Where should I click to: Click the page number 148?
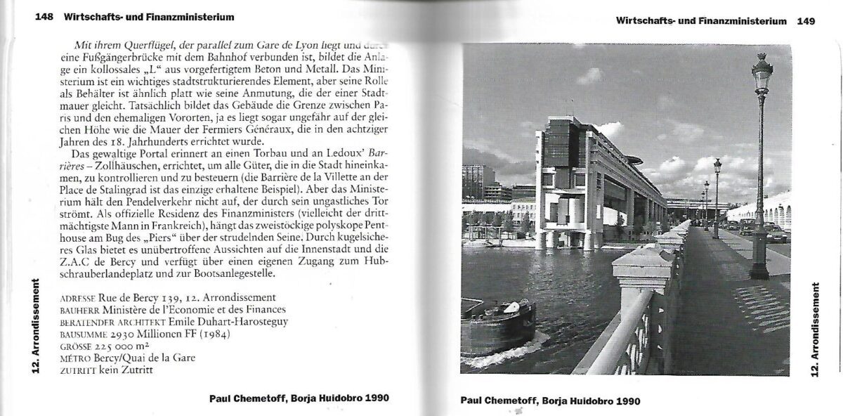[44, 17]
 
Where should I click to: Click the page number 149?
[806, 21]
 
